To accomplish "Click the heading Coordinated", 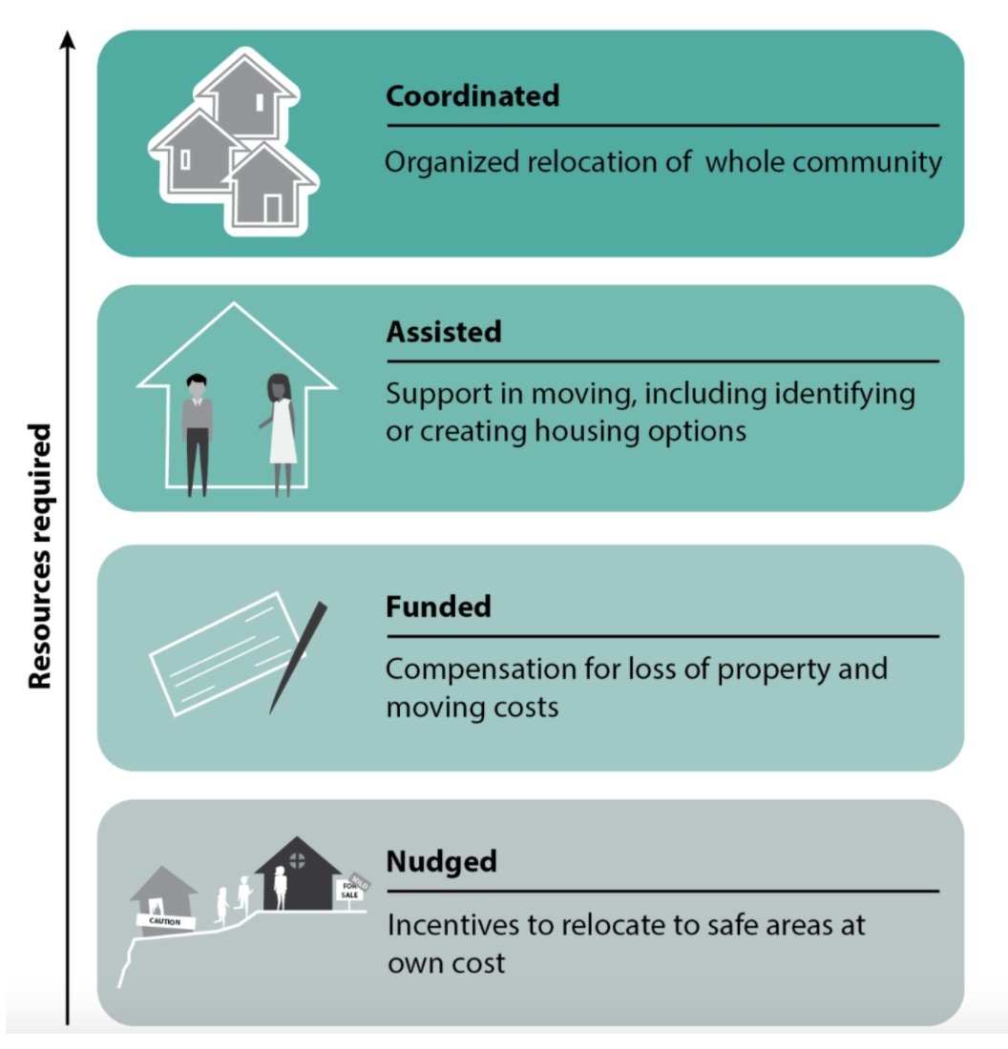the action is click(x=472, y=96).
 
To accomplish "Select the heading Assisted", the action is click(x=443, y=332).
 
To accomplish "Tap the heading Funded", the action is click(x=437, y=607).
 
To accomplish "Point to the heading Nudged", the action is click(x=441, y=862).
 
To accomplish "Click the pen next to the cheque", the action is click(x=298, y=657).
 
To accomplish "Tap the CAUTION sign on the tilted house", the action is click(x=164, y=921).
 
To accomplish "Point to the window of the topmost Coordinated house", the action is click(x=259, y=100).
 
